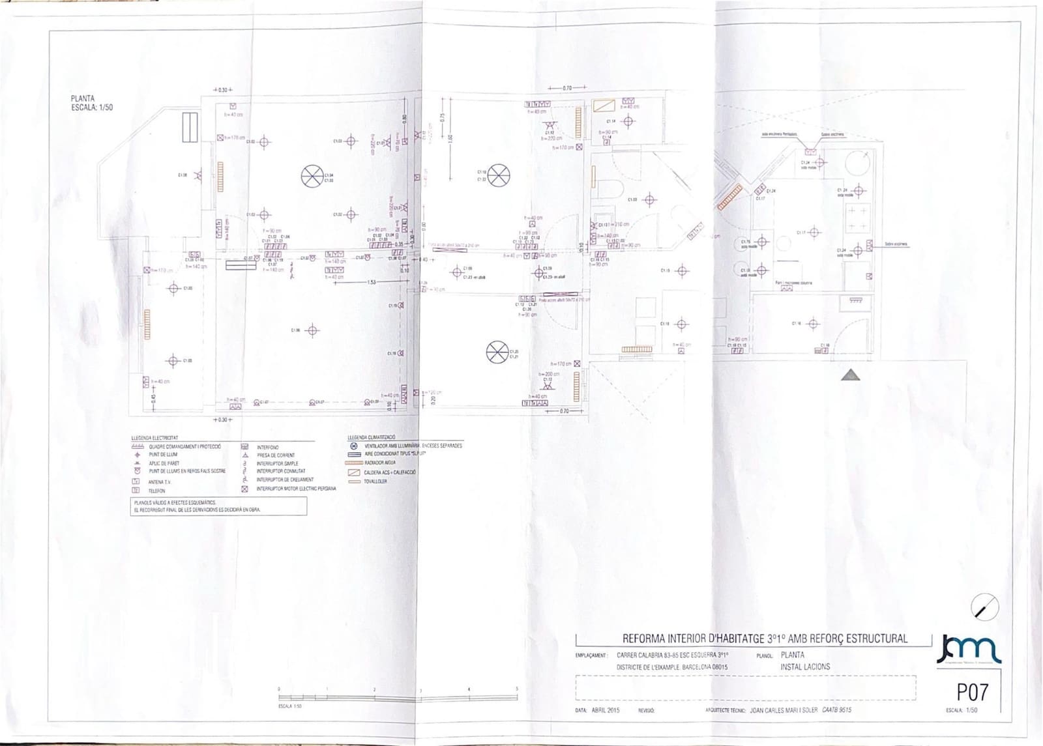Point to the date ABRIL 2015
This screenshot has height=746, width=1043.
pos(606,710)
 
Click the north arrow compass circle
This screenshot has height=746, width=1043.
pos(984,607)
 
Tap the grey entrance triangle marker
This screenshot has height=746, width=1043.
pos(850,375)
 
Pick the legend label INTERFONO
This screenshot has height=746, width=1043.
pos(268,448)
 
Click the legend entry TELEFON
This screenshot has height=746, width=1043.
pos(157,491)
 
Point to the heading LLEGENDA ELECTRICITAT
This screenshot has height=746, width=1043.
pos(154,438)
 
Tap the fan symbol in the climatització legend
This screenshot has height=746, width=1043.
pos(354,446)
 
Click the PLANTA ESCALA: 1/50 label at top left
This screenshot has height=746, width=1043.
pos(92,103)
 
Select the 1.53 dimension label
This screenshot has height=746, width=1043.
pos(372,282)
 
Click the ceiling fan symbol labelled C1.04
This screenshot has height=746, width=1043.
pos(312,175)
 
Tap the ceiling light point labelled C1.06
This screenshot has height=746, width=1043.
pos(312,330)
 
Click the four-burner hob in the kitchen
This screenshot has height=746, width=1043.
pos(858,218)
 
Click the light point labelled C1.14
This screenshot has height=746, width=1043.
pos(628,121)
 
